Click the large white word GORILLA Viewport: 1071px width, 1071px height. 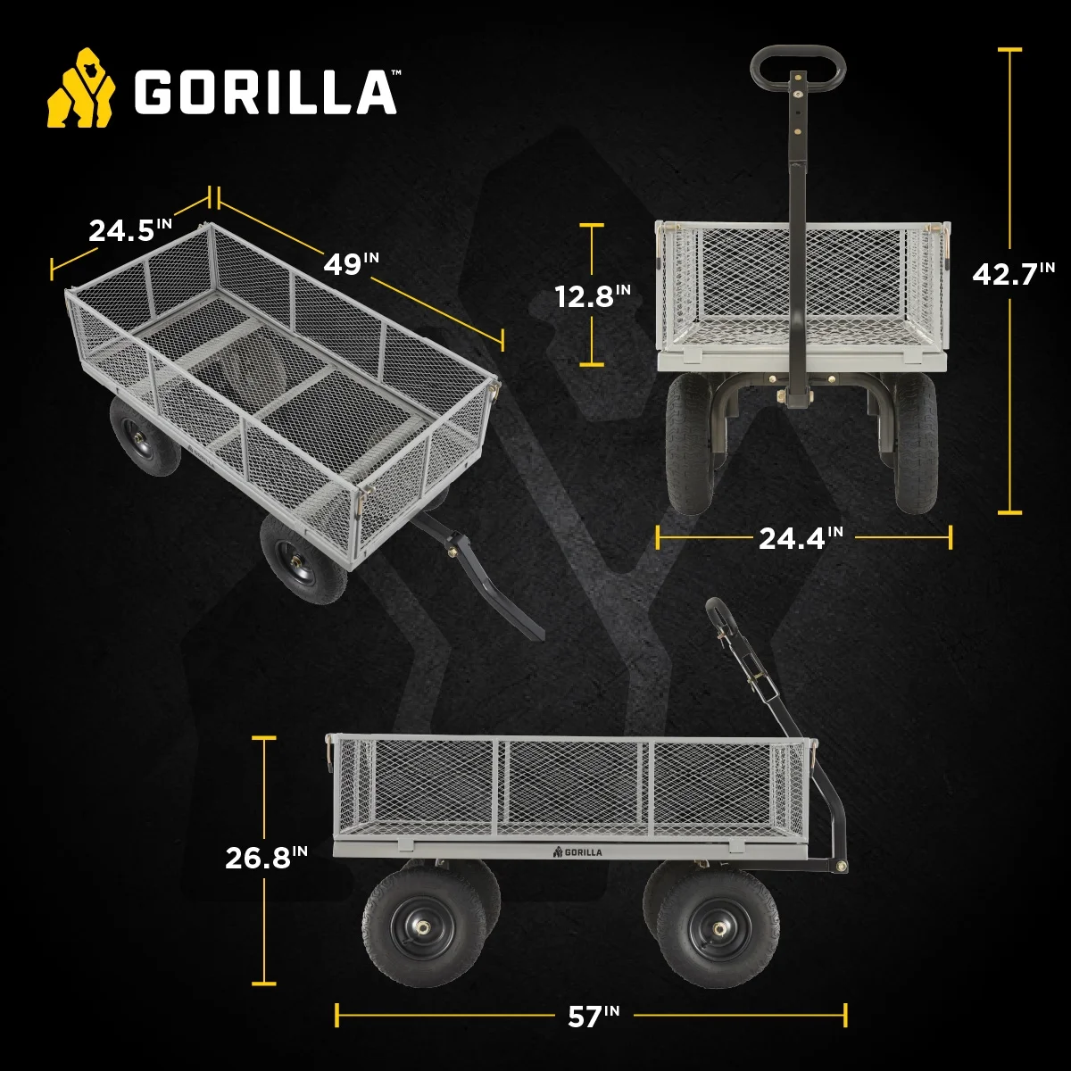click(x=266, y=93)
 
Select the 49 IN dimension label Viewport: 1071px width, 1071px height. click(x=352, y=264)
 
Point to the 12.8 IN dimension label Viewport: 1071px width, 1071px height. click(x=593, y=295)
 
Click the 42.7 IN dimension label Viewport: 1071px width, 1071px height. click(x=1013, y=273)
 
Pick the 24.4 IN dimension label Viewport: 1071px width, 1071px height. click(x=801, y=537)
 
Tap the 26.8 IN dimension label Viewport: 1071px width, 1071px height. click(x=266, y=858)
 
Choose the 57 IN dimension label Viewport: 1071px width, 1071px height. click(x=594, y=1016)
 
